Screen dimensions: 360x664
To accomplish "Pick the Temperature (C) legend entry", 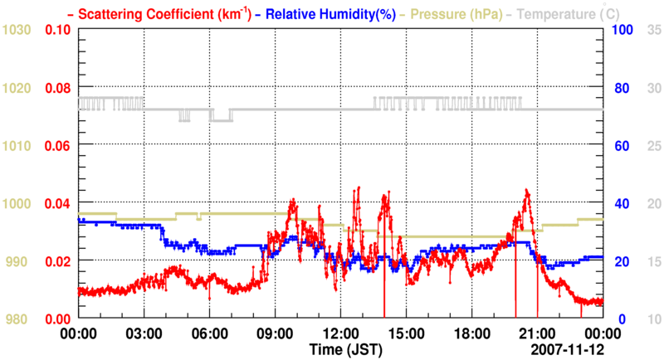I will [x=564, y=13].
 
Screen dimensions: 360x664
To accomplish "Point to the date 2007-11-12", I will [x=564, y=348].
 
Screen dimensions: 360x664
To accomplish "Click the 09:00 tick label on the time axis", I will [x=275, y=333].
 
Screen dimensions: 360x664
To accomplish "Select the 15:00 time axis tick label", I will [x=406, y=333].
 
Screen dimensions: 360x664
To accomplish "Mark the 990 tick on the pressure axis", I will [x=21, y=261].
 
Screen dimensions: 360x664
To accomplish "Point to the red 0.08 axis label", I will [x=56, y=87].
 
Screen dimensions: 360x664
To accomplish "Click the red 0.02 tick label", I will [x=56, y=261].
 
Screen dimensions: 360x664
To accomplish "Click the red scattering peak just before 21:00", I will [x=526, y=191].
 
